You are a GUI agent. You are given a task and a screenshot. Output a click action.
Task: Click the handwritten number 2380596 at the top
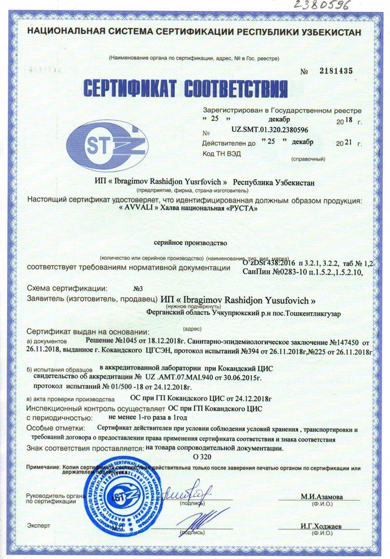pyautogui.click(x=323, y=6)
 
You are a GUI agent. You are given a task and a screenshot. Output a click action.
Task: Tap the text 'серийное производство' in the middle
pyautogui.click(x=190, y=242)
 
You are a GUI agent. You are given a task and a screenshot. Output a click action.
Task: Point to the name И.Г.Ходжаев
pyautogui.click(x=321, y=526)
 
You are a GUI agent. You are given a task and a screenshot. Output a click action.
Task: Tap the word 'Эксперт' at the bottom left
pyautogui.click(x=38, y=526)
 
